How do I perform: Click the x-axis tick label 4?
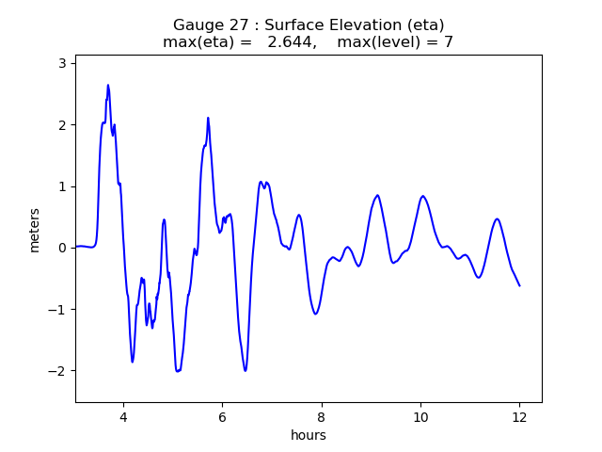[x=123, y=417]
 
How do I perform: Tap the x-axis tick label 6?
[x=222, y=417]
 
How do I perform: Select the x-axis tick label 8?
[x=322, y=417]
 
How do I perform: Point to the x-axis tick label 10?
[x=420, y=417]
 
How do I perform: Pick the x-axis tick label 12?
[x=519, y=417]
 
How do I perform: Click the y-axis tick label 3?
[x=62, y=63]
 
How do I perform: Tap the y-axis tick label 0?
[x=62, y=248]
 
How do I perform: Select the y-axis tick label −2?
[x=58, y=371]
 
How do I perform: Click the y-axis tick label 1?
[x=62, y=186]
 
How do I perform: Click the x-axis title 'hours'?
[x=309, y=435]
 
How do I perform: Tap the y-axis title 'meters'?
[x=35, y=229]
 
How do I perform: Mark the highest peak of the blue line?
[x=108, y=85]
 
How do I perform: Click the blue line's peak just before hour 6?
[x=208, y=118]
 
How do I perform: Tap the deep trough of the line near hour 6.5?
[x=246, y=370]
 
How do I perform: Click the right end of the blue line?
[x=519, y=285]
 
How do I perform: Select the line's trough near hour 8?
[x=315, y=314]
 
